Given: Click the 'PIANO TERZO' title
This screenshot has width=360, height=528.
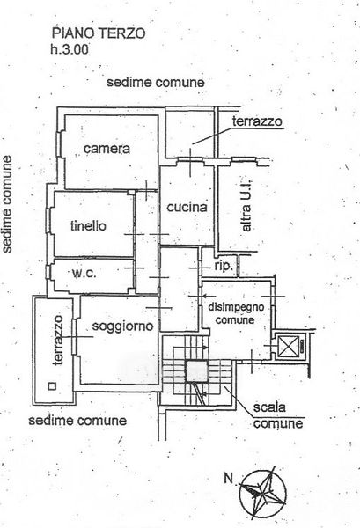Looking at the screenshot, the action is (99, 33).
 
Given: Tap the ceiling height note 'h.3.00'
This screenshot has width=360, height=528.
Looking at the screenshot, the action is (70, 49).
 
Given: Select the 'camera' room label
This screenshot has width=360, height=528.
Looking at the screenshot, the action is (107, 149).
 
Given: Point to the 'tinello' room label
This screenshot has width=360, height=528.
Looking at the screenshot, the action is (88, 225).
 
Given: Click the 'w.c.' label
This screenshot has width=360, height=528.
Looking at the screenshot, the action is (84, 273).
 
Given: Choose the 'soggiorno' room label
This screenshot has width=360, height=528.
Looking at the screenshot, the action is (122, 326).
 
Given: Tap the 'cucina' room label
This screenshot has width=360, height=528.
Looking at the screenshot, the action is (187, 207).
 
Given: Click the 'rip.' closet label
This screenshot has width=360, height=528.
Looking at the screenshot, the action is (224, 266).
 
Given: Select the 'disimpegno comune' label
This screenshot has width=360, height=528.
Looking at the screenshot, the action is (236, 313).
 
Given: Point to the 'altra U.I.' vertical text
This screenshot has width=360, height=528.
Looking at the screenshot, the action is (246, 205).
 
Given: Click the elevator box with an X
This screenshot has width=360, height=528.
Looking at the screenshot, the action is (289, 346).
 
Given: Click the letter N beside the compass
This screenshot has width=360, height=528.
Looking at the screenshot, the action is (229, 478).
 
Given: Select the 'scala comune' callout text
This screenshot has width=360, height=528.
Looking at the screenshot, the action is (278, 415).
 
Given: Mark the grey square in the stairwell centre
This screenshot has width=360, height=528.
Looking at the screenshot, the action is (197, 371).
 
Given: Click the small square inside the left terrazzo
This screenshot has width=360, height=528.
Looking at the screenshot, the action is (52, 386).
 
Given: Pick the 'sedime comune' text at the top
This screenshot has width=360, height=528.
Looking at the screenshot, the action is (156, 83).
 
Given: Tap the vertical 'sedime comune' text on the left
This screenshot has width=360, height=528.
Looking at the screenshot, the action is (7, 204).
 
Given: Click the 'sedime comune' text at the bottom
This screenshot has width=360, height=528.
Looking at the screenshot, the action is (77, 421).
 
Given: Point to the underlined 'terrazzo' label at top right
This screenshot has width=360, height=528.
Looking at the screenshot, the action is (257, 121).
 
